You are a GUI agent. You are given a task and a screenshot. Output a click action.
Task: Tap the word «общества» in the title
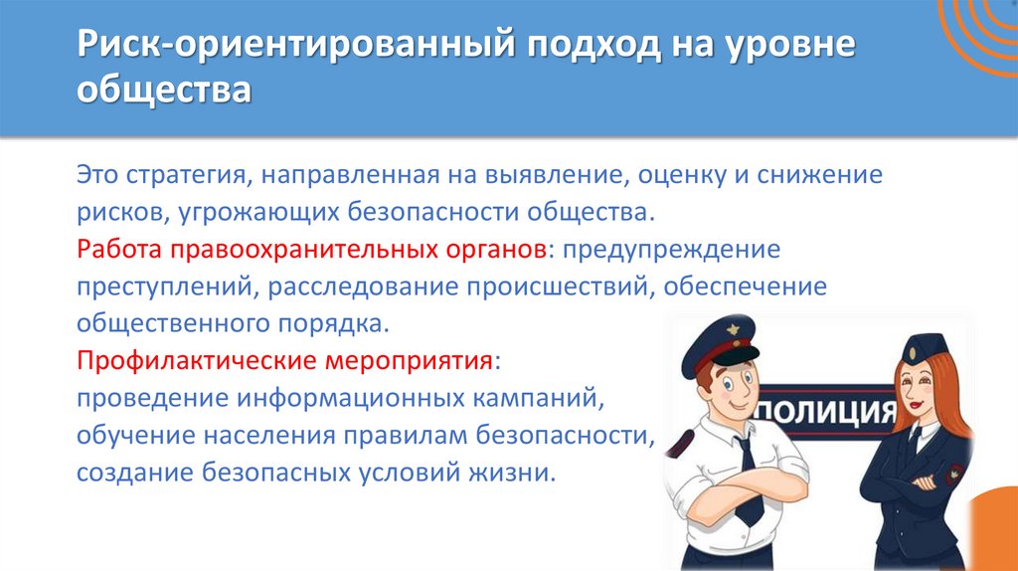[x=165, y=93]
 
